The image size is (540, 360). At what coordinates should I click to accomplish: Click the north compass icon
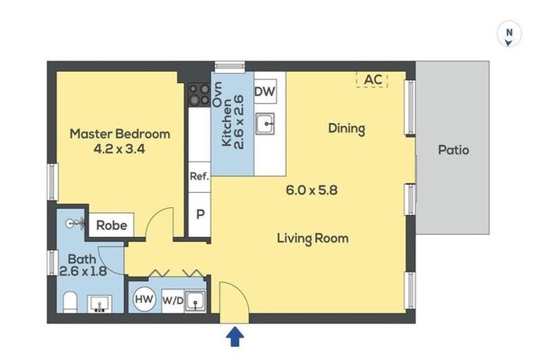[509, 34]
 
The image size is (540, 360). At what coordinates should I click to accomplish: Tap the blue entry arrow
[236, 337]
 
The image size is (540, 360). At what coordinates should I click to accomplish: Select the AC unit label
[373, 79]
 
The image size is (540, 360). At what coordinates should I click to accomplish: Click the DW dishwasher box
[265, 91]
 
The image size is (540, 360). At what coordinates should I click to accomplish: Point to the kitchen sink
[265, 123]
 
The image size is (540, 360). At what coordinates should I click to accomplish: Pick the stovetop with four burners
[200, 94]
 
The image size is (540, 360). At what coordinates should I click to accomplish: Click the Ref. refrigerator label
[200, 176]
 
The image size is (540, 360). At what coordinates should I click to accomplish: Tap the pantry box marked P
[200, 214]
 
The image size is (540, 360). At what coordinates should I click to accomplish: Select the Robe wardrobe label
[112, 225]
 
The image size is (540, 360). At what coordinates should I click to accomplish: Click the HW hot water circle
[144, 299]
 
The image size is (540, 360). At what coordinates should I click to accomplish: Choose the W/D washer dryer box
[173, 301]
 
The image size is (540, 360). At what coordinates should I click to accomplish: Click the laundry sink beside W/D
[195, 302]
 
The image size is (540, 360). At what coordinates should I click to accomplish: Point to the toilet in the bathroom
[70, 302]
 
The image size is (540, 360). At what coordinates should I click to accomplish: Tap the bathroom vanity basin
[100, 304]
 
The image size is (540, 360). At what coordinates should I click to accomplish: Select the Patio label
[454, 150]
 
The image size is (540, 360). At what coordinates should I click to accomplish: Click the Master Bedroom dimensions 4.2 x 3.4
[119, 149]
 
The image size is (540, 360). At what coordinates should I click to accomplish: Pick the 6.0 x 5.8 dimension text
[311, 190]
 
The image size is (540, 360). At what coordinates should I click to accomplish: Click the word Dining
[347, 129]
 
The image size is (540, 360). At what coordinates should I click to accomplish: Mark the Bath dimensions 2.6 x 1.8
[84, 271]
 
